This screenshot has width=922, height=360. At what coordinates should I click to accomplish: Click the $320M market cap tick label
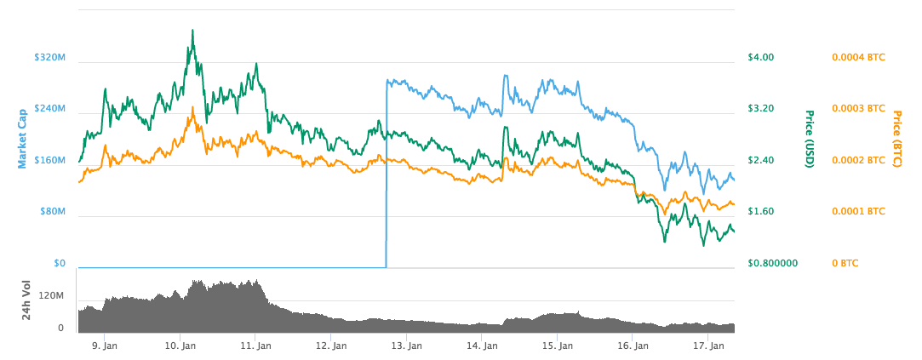pyautogui.click(x=49, y=58)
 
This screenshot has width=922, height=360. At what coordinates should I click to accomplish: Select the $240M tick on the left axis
pyautogui.click(x=49, y=109)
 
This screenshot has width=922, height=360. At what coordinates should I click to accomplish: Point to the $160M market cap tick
pyautogui.click(x=49, y=160)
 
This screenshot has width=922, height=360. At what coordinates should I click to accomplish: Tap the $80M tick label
pyautogui.click(x=52, y=211)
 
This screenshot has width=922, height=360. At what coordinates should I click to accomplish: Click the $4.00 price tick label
pyautogui.click(x=760, y=58)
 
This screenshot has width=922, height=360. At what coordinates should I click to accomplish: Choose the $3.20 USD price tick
pyautogui.click(x=760, y=109)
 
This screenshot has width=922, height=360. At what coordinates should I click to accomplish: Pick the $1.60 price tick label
pyautogui.click(x=760, y=211)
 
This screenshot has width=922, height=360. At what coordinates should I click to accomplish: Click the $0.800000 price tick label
pyautogui.click(x=772, y=263)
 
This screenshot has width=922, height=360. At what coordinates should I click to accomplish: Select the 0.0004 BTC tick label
pyautogui.click(x=857, y=58)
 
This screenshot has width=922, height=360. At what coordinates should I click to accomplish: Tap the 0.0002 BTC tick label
pyautogui.click(x=857, y=160)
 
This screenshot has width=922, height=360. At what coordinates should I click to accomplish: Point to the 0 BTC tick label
pyautogui.click(x=845, y=263)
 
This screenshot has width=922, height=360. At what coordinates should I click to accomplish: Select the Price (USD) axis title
pyautogui.click(x=810, y=139)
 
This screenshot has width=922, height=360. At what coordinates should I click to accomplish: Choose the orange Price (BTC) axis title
pyautogui.click(x=896, y=138)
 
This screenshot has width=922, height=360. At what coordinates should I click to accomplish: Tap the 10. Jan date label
pyautogui.click(x=180, y=346)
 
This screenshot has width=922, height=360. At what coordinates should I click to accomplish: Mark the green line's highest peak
pyautogui.click(x=193, y=31)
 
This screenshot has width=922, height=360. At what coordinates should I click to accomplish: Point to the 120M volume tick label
pyautogui.click(x=51, y=295)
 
